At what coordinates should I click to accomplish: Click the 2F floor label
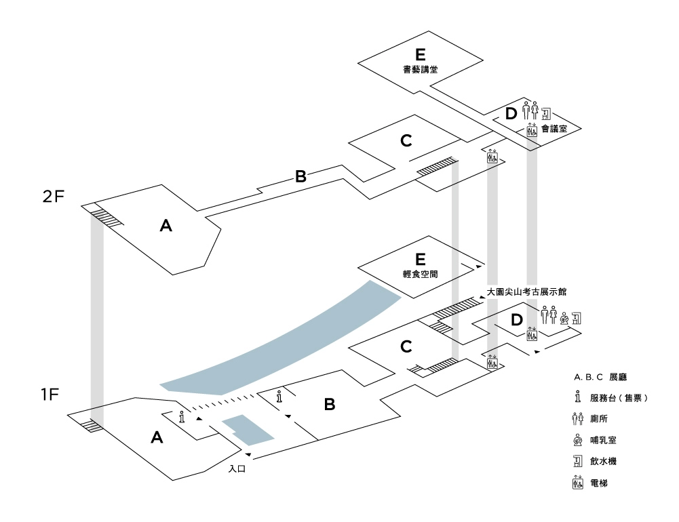53,197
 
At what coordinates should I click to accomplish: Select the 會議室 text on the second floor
554,127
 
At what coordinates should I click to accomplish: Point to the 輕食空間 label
420,275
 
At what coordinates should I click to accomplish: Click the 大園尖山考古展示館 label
526,292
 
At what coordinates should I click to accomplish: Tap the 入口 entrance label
237,468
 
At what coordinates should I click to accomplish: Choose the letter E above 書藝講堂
421,54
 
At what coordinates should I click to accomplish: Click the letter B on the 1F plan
330,405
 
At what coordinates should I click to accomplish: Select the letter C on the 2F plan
406,141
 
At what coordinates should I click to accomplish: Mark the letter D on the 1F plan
517,319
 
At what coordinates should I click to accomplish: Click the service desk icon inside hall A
181,417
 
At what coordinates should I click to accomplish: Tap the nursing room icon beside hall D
564,317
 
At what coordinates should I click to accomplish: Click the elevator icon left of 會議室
532,129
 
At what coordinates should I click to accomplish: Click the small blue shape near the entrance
248,429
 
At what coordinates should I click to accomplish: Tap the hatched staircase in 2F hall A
107,216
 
